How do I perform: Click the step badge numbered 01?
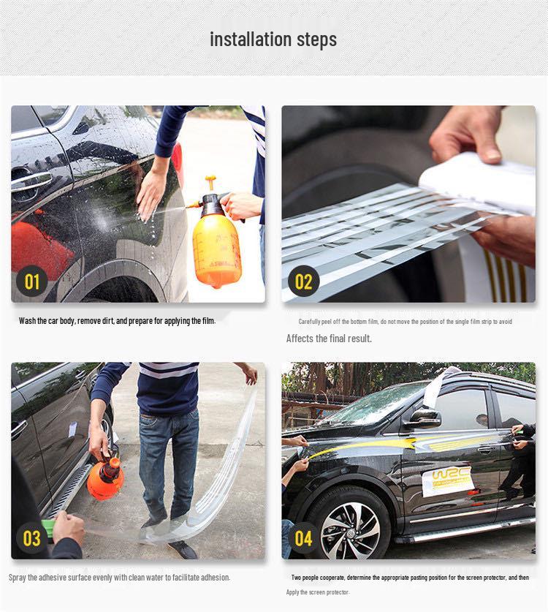31,281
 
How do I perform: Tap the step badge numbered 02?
303,281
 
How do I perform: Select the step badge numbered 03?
31,538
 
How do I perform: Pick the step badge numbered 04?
303,538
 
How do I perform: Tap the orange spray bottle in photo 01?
216,241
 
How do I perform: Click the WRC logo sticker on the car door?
449,481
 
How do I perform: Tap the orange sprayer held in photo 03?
106,477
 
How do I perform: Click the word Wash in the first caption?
27,321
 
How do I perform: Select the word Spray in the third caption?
17,577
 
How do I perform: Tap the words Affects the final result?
329,339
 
